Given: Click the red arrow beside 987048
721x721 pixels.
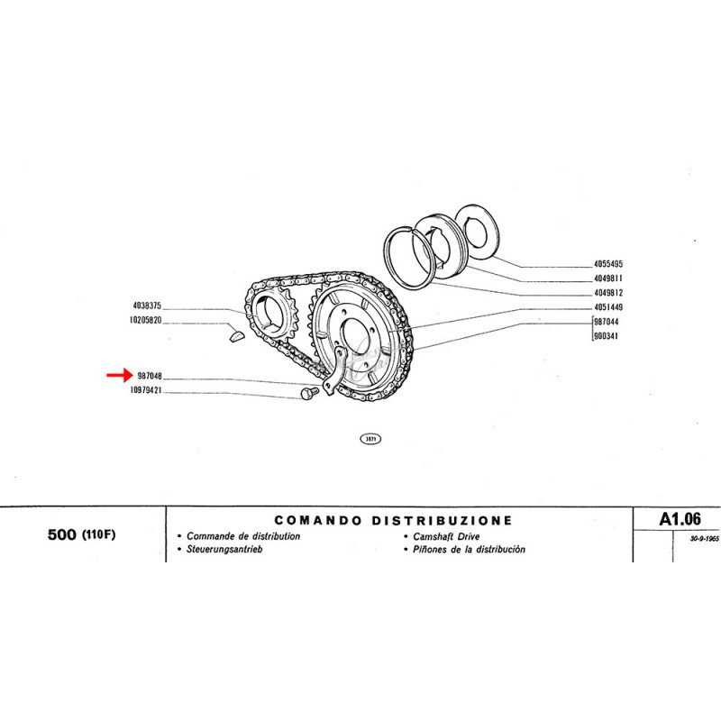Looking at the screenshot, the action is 120,375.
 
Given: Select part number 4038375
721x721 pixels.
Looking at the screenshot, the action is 147,306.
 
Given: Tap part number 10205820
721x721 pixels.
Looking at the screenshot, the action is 145,320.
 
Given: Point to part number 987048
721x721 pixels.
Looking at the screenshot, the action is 150,376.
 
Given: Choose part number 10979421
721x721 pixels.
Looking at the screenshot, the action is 146,390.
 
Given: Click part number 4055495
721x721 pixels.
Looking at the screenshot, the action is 607,264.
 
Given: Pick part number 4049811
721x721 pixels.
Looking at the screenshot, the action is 607,278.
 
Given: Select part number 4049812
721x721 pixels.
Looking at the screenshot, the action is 607,292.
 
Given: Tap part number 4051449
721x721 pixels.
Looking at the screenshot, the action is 607,306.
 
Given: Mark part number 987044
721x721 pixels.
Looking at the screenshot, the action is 606,322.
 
